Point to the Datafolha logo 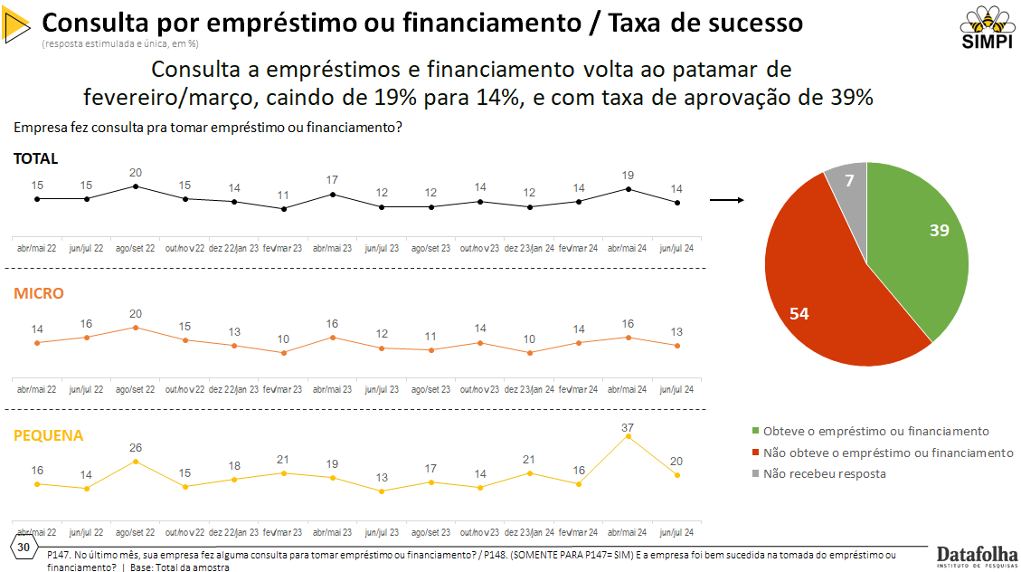coord(977,554)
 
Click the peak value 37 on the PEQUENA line coord(628,427)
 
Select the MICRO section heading coord(38,293)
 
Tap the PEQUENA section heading coord(48,435)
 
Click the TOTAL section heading coord(35,158)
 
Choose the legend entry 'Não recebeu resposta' coord(823,473)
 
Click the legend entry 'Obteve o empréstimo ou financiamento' coord(874,431)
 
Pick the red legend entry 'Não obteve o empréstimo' coord(886,453)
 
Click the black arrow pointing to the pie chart coord(726,200)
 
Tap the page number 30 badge coord(24,548)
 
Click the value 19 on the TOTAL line coord(628,176)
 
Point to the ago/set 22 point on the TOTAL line coord(135,186)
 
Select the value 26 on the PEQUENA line coord(135,447)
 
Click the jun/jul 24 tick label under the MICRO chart coord(676,389)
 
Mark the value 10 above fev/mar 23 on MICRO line coord(283,339)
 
